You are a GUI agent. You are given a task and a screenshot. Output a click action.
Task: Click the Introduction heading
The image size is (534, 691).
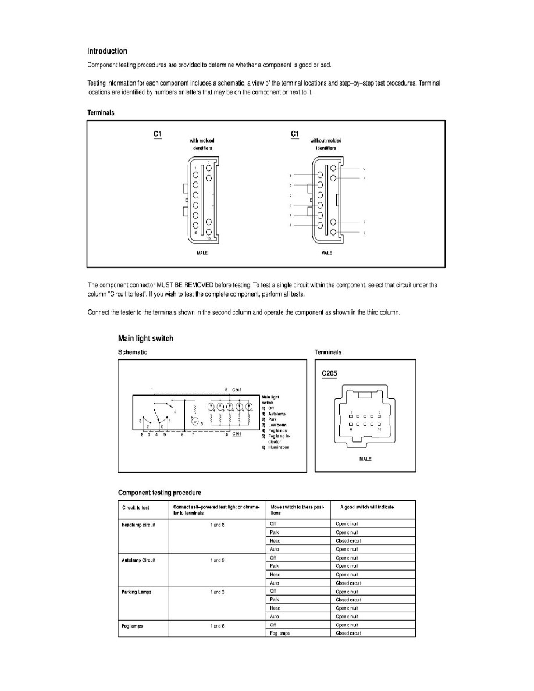107,51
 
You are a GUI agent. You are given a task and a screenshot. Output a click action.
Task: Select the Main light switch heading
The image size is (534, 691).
145,338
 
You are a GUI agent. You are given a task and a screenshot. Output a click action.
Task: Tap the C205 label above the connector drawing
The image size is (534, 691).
330,373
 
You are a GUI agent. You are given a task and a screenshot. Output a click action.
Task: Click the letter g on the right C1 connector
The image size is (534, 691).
364,169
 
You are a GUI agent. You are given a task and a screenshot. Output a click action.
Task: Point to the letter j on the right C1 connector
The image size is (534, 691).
364,233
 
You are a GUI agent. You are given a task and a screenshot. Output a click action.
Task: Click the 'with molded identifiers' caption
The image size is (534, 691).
201,144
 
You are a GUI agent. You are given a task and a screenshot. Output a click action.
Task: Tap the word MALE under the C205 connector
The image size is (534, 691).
365,459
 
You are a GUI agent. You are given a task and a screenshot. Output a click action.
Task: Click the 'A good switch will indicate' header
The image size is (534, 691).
365,507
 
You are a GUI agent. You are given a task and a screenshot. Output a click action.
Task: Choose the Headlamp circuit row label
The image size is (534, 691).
137,524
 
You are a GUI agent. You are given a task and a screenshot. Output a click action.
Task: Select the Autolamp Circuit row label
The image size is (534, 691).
138,560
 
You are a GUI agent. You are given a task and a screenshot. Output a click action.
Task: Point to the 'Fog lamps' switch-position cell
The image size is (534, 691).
280,633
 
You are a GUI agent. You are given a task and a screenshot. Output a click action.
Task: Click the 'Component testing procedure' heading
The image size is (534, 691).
159,493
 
